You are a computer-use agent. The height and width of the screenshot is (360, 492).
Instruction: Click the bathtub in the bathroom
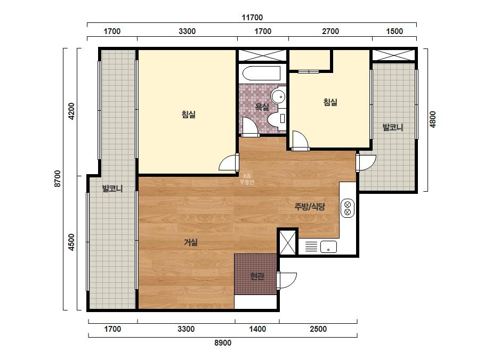[262, 74]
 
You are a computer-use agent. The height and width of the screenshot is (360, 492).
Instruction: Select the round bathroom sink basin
[278, 96]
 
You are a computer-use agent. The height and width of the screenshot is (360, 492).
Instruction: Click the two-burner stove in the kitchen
[348, 208]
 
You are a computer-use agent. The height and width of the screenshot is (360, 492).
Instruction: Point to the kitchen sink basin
[328, 247]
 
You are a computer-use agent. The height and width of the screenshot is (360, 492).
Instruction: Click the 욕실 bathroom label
[262, 107]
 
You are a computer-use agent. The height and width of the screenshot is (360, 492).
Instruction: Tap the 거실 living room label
[190, 242]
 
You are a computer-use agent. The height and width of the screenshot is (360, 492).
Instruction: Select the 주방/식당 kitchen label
[309, 206]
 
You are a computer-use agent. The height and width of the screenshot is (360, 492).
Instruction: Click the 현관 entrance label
[257, 276]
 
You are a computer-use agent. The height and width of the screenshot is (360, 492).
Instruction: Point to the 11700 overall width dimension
[252, 17]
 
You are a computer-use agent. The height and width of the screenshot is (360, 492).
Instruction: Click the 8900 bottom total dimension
[223, 343]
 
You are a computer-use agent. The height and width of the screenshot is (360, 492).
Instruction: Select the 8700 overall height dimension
[58, 179]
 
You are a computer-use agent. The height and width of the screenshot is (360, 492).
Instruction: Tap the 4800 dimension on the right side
[433, 119]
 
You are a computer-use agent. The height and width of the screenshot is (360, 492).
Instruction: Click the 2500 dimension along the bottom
[318, 329]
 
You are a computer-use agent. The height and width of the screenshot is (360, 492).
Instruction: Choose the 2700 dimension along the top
[330, 31]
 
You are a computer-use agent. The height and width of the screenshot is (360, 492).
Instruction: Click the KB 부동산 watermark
[247, 179]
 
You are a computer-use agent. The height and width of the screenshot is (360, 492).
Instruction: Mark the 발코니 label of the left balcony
[112, 189]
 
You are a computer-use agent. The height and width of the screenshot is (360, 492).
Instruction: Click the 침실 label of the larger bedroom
[189, 114]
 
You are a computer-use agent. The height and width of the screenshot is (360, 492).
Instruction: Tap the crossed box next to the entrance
[288, 242]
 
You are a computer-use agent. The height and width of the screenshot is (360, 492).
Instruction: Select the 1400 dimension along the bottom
[257, 329]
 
